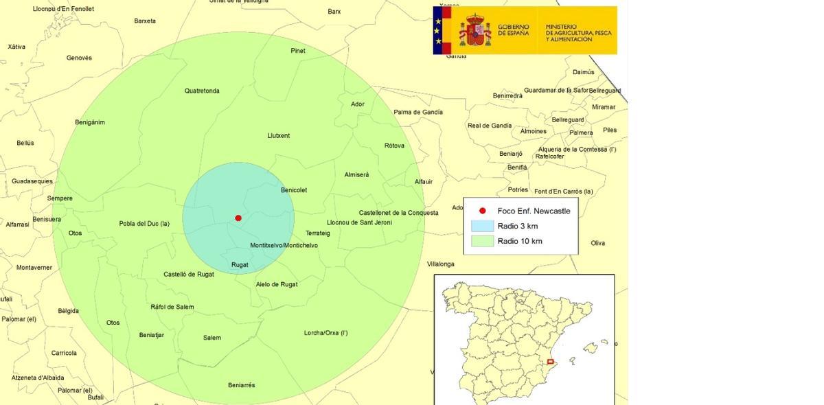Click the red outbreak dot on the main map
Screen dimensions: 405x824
238,218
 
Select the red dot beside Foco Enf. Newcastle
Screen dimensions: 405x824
482,211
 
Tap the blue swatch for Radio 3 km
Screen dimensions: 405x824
482,226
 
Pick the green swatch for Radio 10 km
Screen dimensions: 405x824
482,241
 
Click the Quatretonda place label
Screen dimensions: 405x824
202,91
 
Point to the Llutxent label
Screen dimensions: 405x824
278,135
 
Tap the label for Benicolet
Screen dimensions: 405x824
294,190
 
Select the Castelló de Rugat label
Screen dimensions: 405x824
189,274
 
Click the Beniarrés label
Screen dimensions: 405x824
241,385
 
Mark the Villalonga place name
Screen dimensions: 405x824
440,264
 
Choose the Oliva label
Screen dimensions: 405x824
597,243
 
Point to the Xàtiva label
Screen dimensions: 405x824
16,47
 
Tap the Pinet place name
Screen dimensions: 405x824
298,51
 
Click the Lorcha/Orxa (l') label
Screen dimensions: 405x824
325,333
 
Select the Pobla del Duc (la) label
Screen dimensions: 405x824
144,223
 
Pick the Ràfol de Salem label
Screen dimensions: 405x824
172,307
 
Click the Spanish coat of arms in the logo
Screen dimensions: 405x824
475,30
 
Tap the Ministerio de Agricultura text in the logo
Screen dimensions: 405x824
578,33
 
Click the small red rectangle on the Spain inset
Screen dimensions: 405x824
550,362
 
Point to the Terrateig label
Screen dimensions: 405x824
318,233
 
